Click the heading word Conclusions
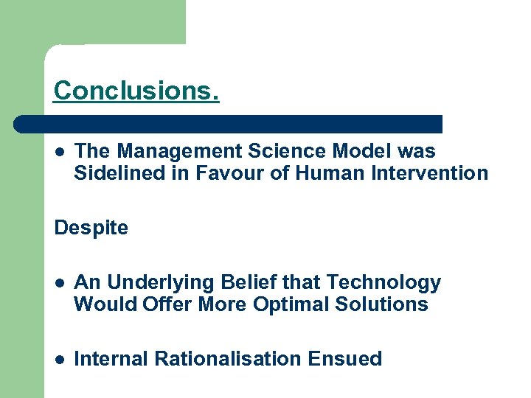point(136,91)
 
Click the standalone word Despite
point(91,228)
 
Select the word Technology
point(383,282)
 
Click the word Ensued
point(345,359)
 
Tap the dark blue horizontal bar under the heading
point(229,124)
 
